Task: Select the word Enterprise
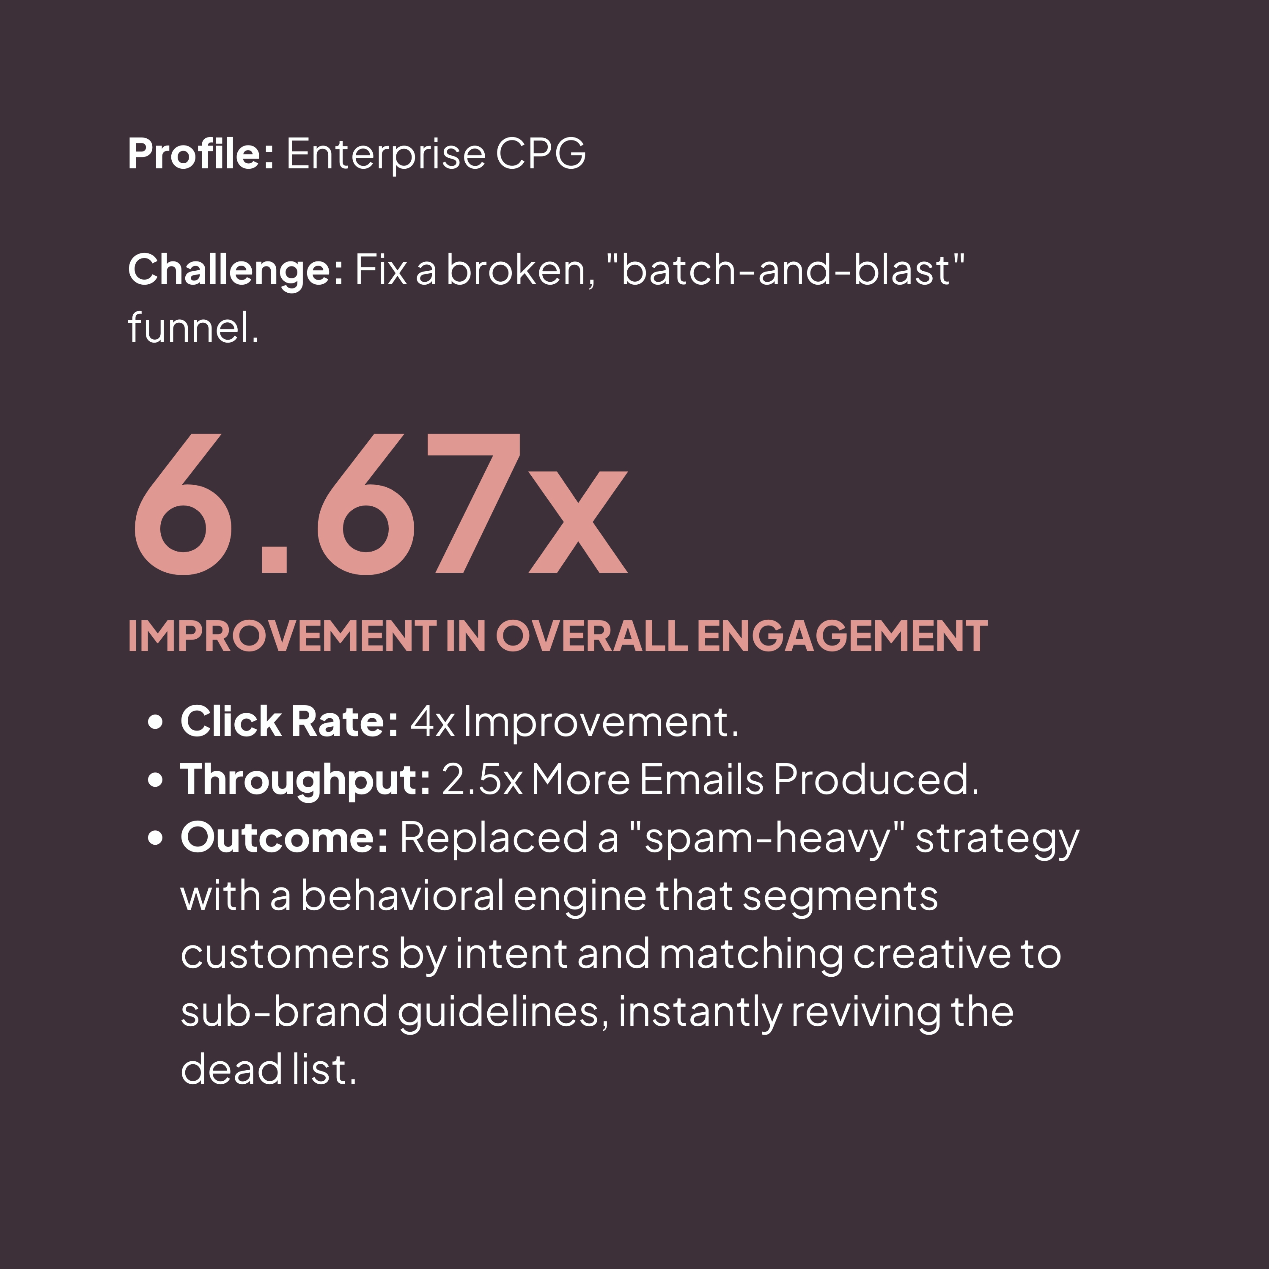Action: pyautogui.click(x=385, y=154)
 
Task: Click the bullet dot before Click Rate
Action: pyautogui.click(x=156, y=722)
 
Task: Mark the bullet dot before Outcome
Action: pyautogui.click(x=156, y=838)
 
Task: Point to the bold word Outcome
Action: pyautogui.click(x=284, y=838)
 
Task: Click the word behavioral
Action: pyautogui.click(x=402, y=896)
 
